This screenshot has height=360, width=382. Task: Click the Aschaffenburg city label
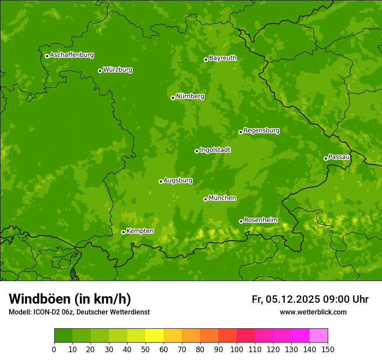point(72,55)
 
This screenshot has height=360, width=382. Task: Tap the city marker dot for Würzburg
point(100,71)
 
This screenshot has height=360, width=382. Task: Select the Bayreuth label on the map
point(223,58)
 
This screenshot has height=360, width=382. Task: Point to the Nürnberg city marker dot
point(173,98)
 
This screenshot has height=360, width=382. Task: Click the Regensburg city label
point(261,130)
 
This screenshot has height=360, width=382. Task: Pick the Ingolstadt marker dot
point(197,151)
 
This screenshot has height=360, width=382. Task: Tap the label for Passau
point(339,157)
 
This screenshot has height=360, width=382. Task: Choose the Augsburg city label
point(178,180)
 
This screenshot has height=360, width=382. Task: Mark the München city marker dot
point(205,199)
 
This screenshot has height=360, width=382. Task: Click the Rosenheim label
point(260,220)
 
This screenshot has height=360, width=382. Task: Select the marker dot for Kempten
point(123,232)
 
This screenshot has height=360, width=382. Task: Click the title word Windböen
point(40,299)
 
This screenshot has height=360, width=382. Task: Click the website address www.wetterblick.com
point(313,312)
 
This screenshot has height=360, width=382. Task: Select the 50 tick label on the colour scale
point(145,349)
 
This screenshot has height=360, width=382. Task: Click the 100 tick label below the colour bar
point(237,349)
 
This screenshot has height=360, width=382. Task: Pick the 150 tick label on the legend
point(328,349)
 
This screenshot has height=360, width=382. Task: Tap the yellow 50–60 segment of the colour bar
point(155,335)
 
